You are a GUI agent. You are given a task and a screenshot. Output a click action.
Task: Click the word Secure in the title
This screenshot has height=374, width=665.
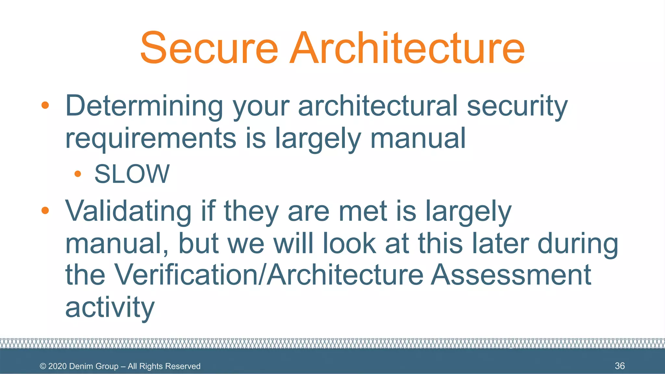[209, 48]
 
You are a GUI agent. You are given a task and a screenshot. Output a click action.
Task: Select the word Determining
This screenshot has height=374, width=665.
[144, 106]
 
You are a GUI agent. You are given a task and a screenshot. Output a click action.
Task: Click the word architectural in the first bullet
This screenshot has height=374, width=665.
[378, 106]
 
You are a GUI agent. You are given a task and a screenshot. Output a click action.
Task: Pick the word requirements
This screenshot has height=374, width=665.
[151, 138]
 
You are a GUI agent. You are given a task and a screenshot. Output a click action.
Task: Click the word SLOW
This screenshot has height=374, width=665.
[132, 174]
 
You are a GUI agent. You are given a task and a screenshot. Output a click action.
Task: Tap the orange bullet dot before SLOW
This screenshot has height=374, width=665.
[78, 174]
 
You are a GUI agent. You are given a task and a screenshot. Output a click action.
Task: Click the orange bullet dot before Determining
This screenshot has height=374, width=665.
[45, 106]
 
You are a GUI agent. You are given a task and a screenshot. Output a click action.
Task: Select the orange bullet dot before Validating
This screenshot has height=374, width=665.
[45, 211]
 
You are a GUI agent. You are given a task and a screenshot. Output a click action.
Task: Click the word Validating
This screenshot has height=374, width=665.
[128, 211]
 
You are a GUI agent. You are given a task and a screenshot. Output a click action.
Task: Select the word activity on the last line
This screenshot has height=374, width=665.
[110, 307]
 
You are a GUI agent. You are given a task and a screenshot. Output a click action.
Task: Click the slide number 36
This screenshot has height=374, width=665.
[620, 366]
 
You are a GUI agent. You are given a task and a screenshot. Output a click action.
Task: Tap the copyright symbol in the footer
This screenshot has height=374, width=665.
[43, 366]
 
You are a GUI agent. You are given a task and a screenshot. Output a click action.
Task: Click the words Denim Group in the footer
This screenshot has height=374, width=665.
[94, 366]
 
